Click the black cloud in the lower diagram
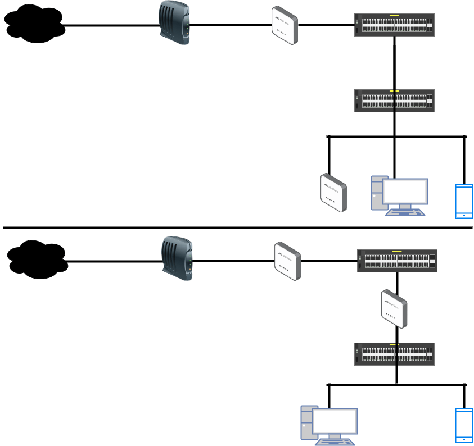(37, 259)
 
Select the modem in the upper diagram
(174, 23)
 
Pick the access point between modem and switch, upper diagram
(284, 25)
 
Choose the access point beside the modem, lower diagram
(287, 261)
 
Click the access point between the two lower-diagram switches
(394, 308)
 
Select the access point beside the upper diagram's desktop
(333, 193)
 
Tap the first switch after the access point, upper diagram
(394, 25)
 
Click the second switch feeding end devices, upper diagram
(394, 101)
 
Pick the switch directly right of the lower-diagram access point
(397, 261)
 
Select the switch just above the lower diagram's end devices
(394, 354)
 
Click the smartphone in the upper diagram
(464, 201)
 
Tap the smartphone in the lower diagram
(464, 425)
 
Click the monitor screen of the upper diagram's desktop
(405, 192)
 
